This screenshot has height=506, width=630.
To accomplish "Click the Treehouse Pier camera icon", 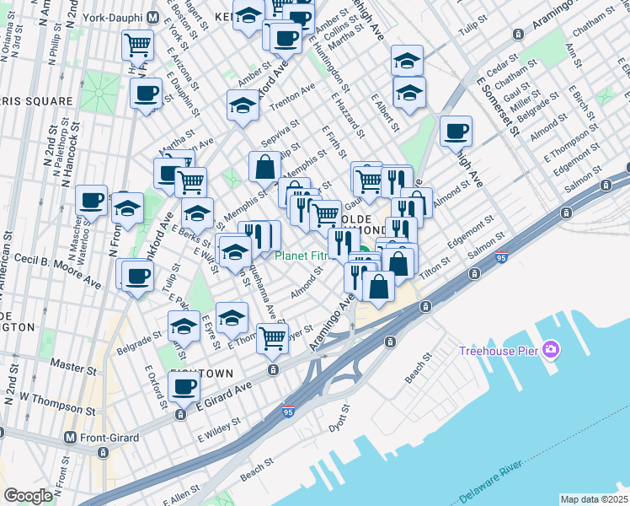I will (x=552, y=349).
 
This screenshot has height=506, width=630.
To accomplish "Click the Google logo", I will (x=28, y=496).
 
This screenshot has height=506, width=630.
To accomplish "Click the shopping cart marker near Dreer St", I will (x=272, y=337).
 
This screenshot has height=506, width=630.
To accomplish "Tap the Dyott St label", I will (x=339, y=421).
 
